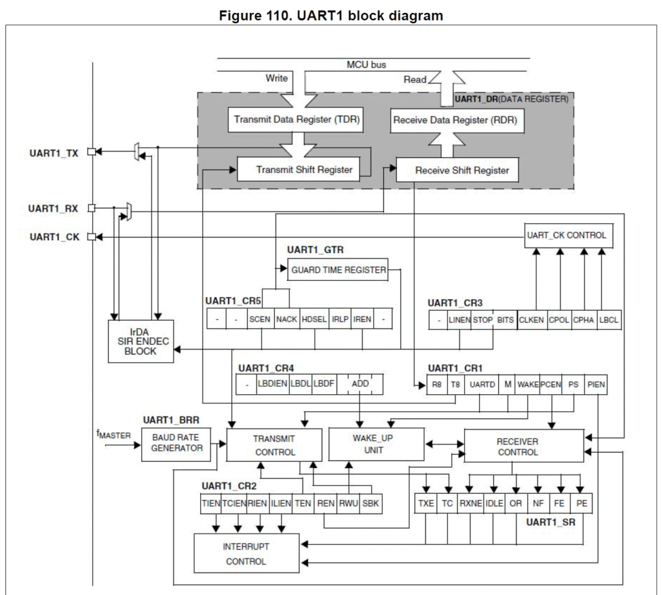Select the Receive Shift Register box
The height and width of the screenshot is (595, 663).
[x=462, y=170]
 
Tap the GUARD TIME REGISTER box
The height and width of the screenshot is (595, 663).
[x=337, y=270]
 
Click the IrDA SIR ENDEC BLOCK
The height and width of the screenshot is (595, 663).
[x=140, y=341]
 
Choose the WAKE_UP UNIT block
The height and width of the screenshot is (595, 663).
[x=377, y=443]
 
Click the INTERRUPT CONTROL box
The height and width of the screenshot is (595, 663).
[x=246, y=554]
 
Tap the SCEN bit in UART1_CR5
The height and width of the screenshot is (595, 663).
[x=260, y=319]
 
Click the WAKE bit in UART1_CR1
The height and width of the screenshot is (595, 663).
[x=528, y=384]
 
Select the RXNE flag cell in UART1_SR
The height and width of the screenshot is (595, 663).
[x=470, y=502]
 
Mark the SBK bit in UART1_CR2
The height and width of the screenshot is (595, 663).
[x=370, y=502]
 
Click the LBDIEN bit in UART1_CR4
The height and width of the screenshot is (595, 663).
[x=272, y=383]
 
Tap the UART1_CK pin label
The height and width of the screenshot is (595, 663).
[x=54, y=237]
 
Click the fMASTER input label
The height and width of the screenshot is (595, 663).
[x=114, y=434]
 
